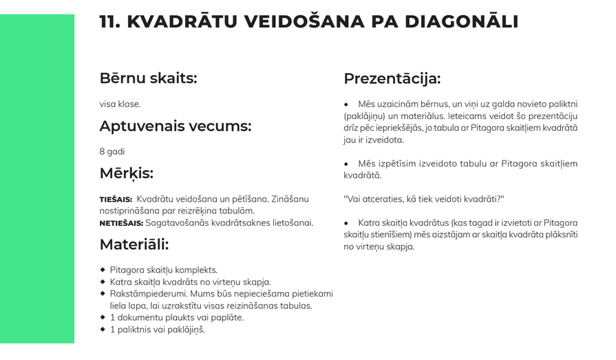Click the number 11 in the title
(109, 21)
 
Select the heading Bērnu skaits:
(148, 78)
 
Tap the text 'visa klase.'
(120, 104)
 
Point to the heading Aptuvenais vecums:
(175, 126)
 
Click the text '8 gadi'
(112, 151)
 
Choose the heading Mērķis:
(126, 173)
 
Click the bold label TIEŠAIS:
(116, 200)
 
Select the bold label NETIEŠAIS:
(121, 223)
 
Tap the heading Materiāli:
(134, 244)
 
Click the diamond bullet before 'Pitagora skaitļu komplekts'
(103, 270)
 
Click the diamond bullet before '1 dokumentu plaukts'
(103, 317)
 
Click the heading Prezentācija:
(392, 78)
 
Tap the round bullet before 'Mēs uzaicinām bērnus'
(346, 104)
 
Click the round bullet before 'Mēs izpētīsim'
(346, 164)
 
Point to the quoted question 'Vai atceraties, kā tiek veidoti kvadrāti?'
(423, 199)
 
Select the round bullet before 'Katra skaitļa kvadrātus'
(346, 223)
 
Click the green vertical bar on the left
(37, 179)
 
